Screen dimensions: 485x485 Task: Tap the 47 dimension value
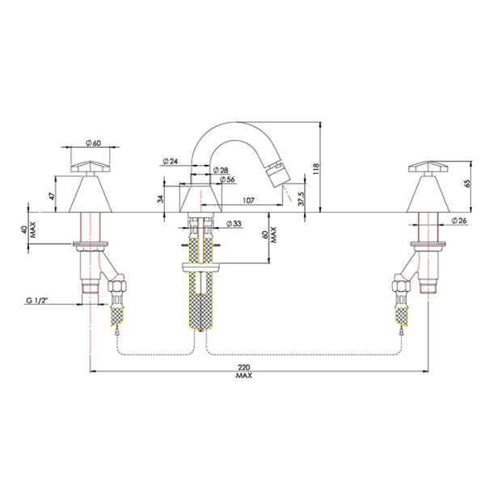(51, 196)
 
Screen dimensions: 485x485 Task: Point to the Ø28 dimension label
(218, 170)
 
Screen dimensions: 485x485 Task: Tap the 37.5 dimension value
(301, 197)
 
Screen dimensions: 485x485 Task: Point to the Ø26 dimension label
(459, 221)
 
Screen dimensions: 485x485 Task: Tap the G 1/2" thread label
(60, 302)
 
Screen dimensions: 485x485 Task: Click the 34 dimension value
(161, 198)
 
